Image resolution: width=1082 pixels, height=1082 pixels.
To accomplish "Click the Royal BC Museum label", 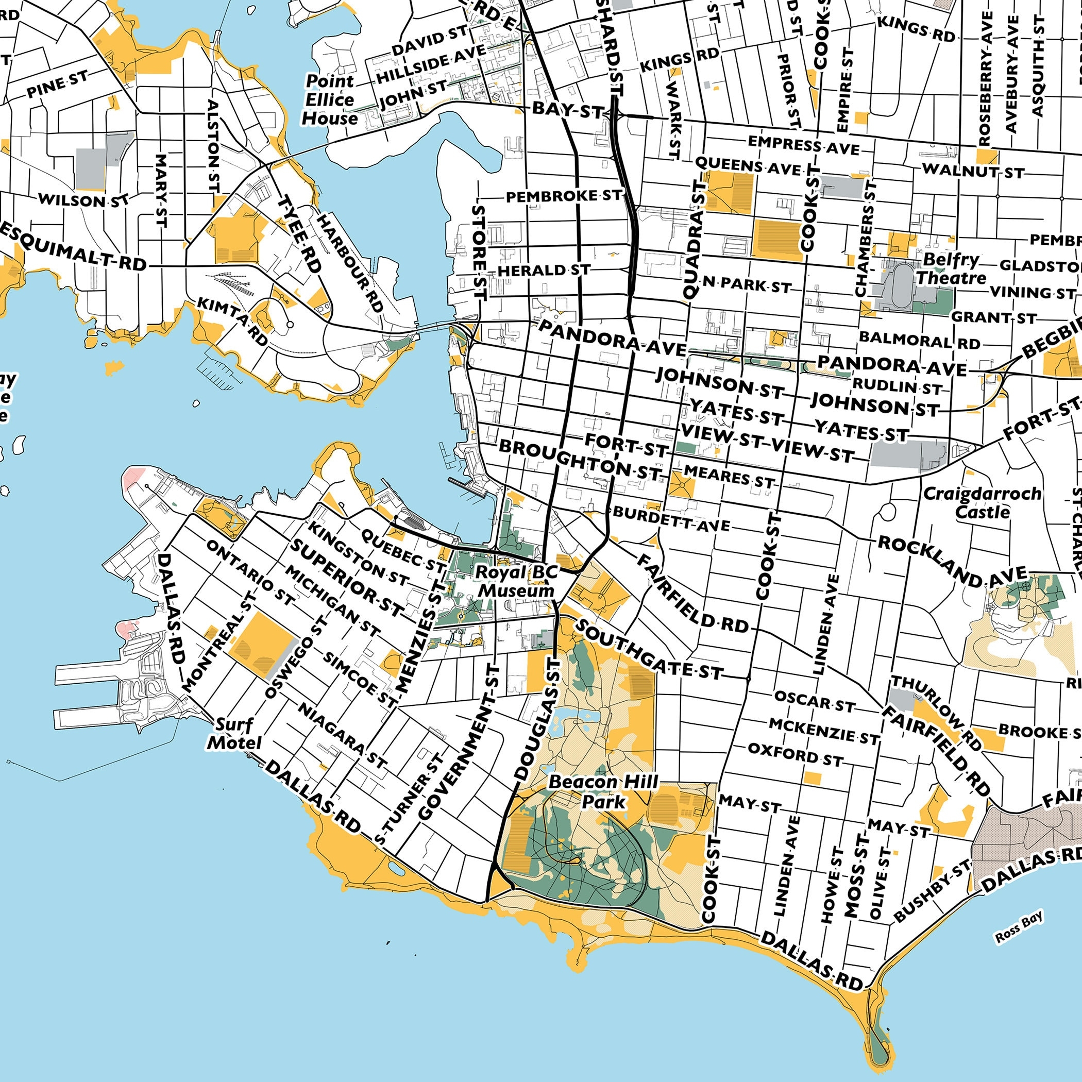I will coord(516,581).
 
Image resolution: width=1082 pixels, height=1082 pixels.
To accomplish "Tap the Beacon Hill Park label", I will coord(603,792).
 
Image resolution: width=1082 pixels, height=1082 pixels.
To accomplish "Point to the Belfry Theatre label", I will coord(951,269).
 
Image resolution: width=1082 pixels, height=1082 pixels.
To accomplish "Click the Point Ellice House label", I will coord(329,99).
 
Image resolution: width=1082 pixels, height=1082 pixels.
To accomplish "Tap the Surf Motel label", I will coord(234,734).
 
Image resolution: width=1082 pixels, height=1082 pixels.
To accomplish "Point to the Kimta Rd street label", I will coord(233,321).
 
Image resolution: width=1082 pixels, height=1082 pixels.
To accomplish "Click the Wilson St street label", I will coord(83,200).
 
